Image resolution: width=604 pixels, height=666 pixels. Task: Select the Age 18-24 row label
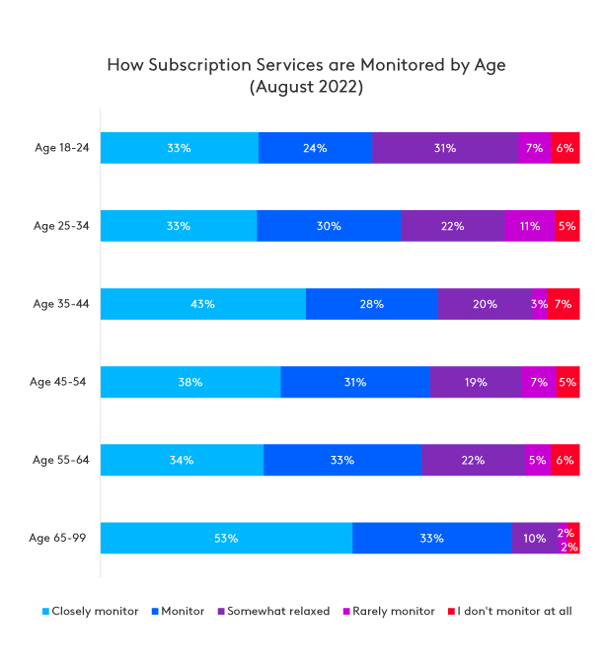(61, 148)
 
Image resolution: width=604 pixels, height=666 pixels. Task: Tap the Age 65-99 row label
(59, 538)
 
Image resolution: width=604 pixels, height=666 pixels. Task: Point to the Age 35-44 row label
(61, 304)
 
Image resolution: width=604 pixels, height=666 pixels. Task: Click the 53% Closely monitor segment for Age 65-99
(226, 538)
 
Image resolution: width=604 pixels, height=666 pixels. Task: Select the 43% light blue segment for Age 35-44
(203, 304)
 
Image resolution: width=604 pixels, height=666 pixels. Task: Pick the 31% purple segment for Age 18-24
(445, 148)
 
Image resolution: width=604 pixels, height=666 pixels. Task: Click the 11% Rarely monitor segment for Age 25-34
(530, 226)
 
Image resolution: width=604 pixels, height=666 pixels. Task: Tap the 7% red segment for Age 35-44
(564, 304)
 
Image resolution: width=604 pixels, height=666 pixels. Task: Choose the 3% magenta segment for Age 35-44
(539, 304)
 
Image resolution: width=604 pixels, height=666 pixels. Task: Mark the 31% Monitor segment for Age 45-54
(355, 382)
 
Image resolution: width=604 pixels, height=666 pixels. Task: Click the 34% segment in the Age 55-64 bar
(182, 460)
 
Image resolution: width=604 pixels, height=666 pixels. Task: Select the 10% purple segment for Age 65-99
(534, 538)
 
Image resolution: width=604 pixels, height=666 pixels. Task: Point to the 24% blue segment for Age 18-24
(316, 148)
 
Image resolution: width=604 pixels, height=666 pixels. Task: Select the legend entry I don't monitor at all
(510, 612)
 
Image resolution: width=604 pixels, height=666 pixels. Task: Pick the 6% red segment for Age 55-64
(565, 460)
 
